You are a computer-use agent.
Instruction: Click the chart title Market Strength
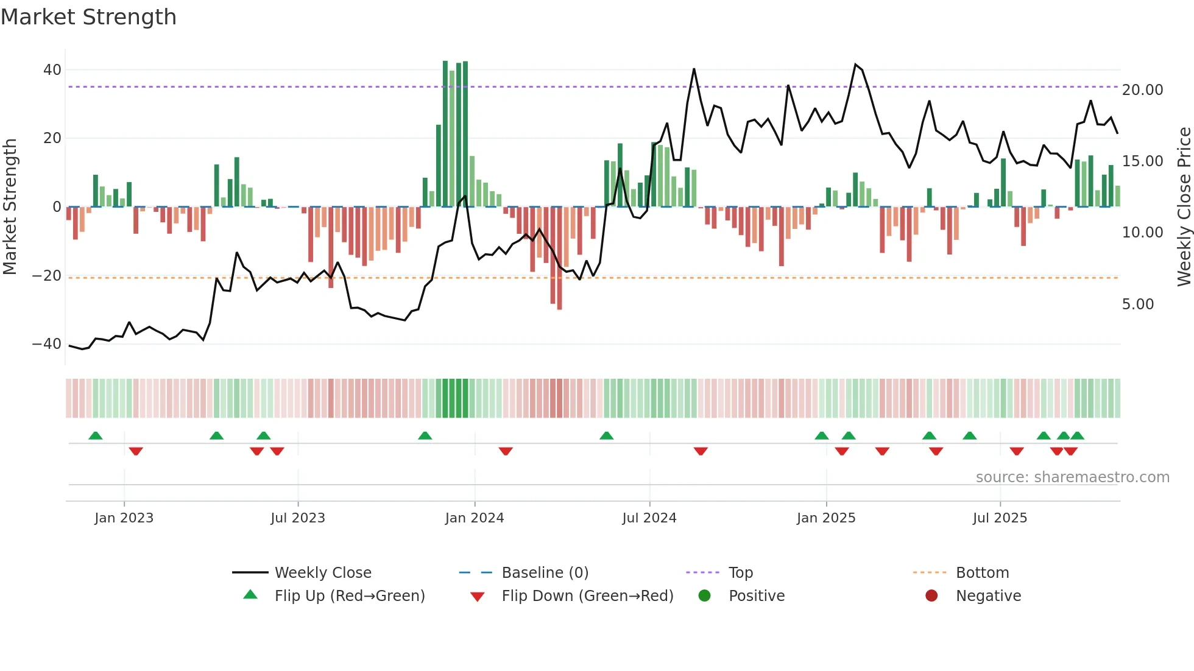point(88,17)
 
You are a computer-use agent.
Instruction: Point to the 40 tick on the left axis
point(52,70)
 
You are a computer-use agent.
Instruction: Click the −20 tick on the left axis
point(47,276)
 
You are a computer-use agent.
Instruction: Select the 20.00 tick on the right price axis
point(1142,90)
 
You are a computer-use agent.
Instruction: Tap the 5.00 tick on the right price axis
point(1137,304)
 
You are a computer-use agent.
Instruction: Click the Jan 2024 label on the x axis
point(475,518)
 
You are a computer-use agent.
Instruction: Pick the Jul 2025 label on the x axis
point(1000,518)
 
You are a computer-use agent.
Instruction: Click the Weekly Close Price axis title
point(1184,207)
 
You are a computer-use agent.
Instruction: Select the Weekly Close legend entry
point(322,573)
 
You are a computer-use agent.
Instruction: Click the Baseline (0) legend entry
point(545,573)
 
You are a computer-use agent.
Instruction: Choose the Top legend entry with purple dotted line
point(740,573)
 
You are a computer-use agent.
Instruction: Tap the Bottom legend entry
point(982,573)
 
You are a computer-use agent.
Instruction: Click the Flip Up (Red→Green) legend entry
point(349,596)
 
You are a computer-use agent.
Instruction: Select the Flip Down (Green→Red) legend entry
point(587,596)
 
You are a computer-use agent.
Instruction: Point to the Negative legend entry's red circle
point(931,596)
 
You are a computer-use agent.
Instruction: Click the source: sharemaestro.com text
point(1072,477)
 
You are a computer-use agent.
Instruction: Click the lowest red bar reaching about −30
point(559,307)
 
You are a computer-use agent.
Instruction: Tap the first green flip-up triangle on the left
point(96,435)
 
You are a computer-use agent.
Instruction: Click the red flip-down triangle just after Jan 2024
point(506,451)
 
